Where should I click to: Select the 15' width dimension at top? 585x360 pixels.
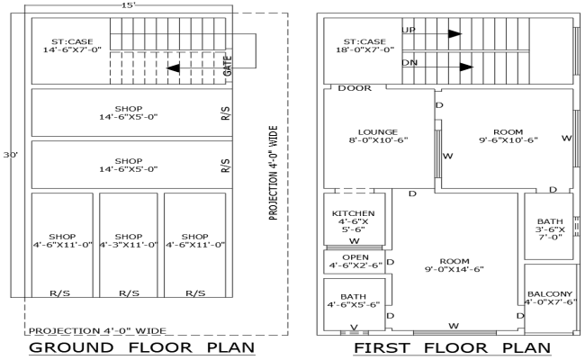[129, 5]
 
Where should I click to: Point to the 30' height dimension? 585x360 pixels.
[12, 155]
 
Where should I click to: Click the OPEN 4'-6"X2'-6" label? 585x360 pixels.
[354, 261]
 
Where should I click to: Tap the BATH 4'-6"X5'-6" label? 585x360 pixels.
[354, 300]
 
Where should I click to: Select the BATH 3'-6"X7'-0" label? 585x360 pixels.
[549, 229]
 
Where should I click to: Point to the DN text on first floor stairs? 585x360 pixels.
[409, 63]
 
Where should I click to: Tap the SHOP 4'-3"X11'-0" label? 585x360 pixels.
[129, 240]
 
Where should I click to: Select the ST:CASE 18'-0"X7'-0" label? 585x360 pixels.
[364, 45]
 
